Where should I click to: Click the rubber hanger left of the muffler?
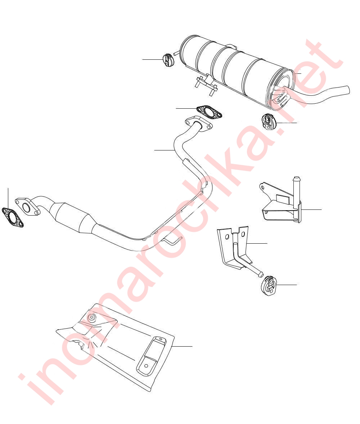tap(168, 60)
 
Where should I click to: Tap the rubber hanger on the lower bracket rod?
tap(268, 285)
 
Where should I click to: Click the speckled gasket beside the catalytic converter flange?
tap(13, 217)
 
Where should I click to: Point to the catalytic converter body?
tap(73, 218)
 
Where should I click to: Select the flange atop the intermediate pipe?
tap(199, 123)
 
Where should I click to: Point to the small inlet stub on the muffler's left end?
tap(176, 53)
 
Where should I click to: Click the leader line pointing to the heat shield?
tap(182, 346)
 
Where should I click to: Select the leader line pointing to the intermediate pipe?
tap(165, 150)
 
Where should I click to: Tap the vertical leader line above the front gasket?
tap(8, 198)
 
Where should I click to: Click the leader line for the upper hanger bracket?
tap(311, 209)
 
